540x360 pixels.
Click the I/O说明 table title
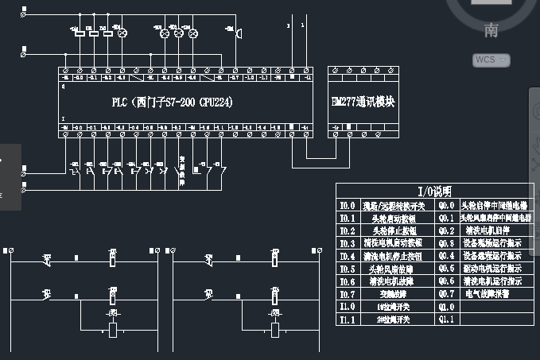pyautogui.click(x=433, y=192)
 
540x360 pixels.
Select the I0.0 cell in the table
pyautogui.click(x=347, y=205)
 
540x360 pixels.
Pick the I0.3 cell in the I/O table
pyautogui.click(x=347, y=242)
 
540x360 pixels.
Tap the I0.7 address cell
pyautogui.click(x=347, y=293)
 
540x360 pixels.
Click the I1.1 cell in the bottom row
pyautogui.click(x=347, y=319)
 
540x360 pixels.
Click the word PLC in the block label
pyautogui.click(x=120, y=103)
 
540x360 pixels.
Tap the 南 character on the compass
pyautogui.click(x=490, y=31)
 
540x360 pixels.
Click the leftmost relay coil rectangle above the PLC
pyautogui.click(x=80, y=33)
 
